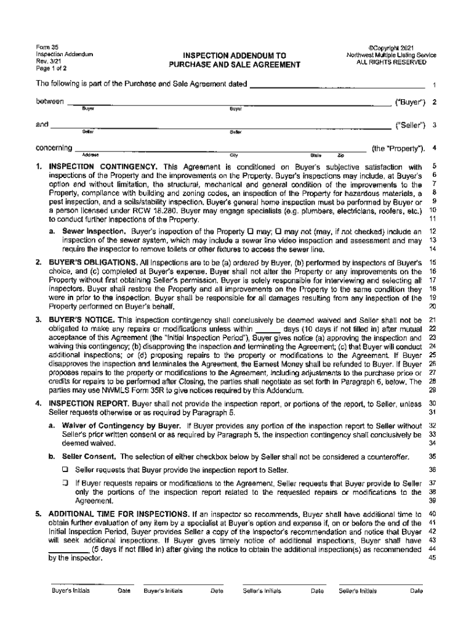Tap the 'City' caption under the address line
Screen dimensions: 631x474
[x=235, y=155]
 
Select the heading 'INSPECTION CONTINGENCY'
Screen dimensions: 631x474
[x=104, y=167]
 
